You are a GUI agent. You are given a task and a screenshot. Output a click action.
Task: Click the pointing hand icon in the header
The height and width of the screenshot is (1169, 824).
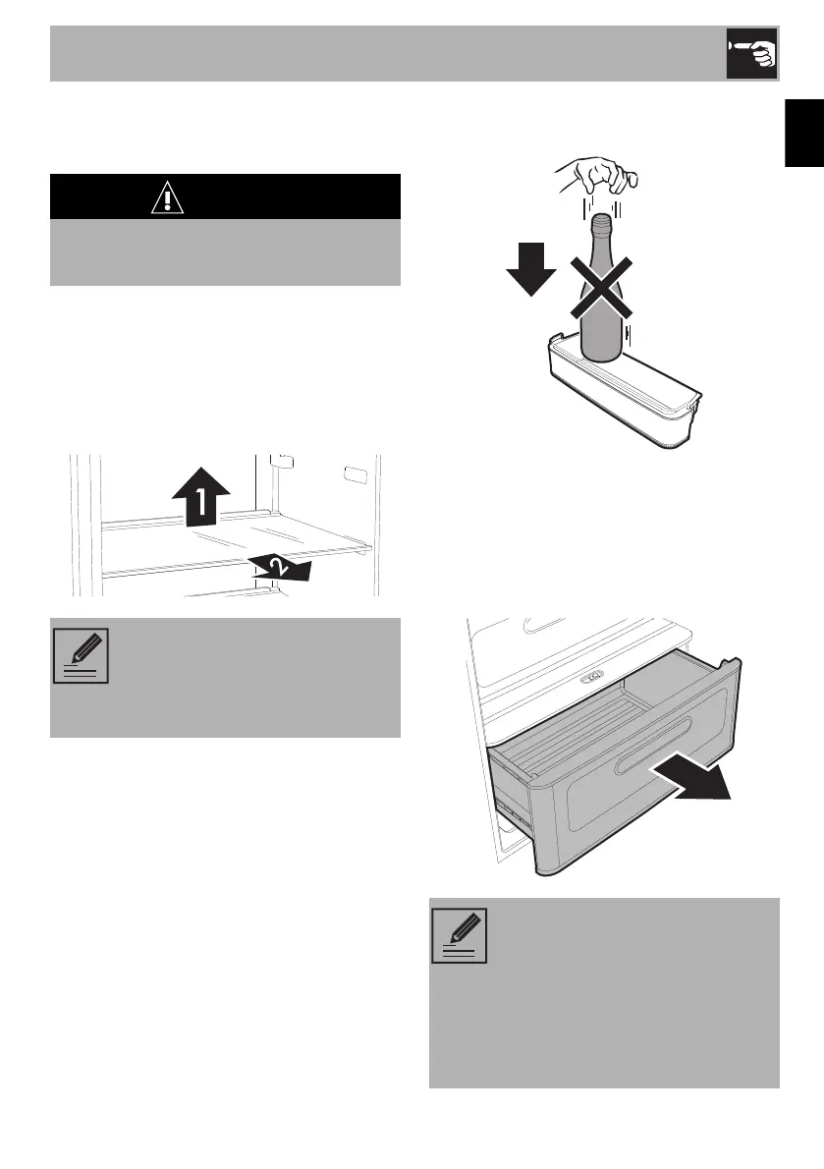[x=751, y=54]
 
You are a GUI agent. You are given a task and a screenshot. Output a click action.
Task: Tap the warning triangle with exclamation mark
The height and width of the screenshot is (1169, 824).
[x=168, y=197]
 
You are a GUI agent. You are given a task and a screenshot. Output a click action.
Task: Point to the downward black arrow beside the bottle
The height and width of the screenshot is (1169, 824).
[x=531, y=269]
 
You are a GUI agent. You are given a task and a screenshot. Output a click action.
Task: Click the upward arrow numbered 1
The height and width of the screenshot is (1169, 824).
[x=200, y=496]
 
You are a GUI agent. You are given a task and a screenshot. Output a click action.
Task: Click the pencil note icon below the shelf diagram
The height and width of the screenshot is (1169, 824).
[x=82, y=656]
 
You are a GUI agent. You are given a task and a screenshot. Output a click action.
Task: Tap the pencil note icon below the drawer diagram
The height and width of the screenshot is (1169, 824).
[x=460, y=935]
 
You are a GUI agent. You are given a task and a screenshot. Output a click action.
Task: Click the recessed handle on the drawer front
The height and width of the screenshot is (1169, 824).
[x=654, y=747]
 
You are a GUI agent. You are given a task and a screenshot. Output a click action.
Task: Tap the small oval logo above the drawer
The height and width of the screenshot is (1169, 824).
[x=592, y=677]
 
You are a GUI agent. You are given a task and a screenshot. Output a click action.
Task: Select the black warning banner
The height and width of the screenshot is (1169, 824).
[x=225, y=196]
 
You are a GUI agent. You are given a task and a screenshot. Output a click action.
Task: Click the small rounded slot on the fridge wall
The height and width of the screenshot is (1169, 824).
[x=355, y=473]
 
